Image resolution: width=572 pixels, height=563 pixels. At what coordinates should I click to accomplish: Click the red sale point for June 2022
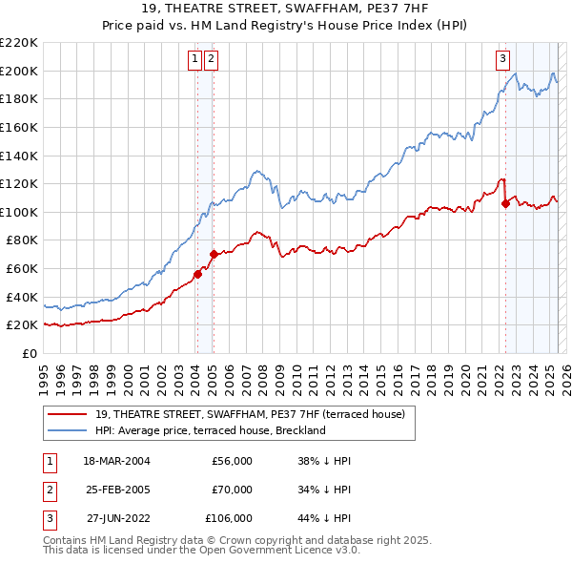click(505, 202)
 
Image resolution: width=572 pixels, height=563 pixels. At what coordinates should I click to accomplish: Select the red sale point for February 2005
click(214, 254)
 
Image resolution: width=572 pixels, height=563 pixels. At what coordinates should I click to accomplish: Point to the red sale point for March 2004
click(197, 274)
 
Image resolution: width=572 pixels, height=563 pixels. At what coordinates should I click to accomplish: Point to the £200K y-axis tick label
click(19, 71)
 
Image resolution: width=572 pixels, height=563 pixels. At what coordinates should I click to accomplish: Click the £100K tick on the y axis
click(19, 212)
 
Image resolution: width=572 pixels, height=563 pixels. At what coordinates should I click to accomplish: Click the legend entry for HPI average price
click(211, 430)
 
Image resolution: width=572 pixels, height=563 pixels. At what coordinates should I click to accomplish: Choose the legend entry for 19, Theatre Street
click(250, 414)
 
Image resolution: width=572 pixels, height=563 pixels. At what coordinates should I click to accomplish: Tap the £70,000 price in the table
click(232, 490)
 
